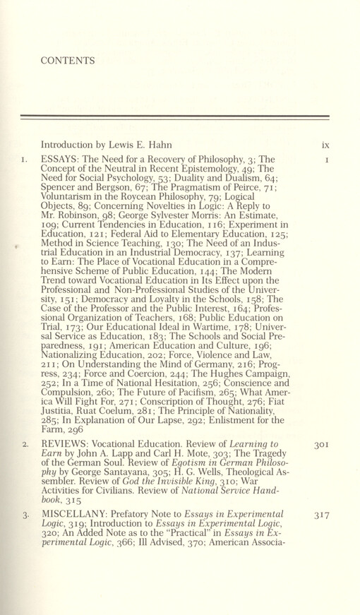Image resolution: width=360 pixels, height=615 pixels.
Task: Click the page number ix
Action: pyautogui.click(x=325, y=144)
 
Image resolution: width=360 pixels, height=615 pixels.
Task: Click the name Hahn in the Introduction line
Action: pyautogui.click(x=180, y=144)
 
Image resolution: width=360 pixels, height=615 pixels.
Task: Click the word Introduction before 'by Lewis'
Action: pyautogui.click(x=74, y=144)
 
